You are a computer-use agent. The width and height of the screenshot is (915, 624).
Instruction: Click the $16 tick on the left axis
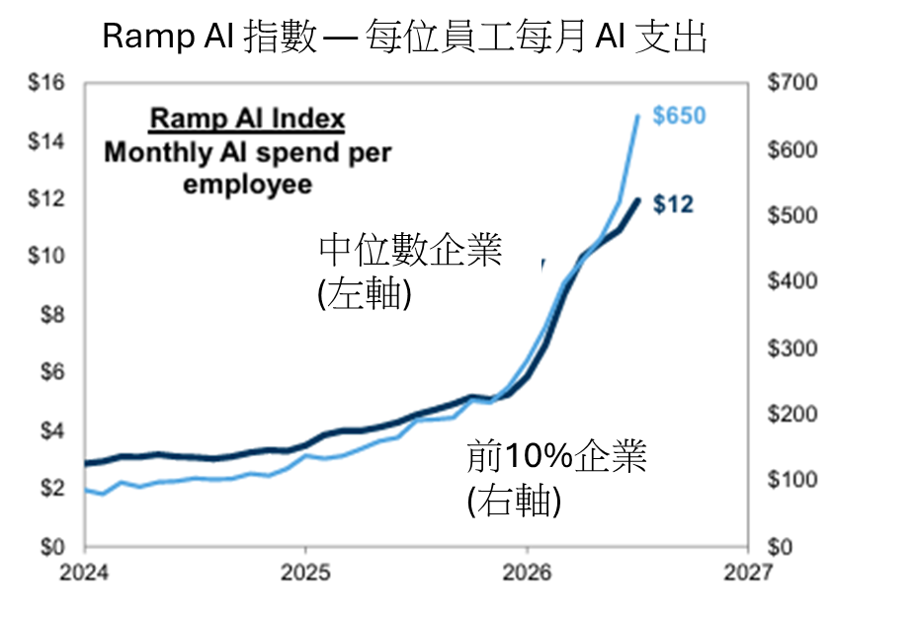click(46, 82)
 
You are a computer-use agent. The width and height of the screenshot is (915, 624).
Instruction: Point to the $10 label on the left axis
click(46, 256)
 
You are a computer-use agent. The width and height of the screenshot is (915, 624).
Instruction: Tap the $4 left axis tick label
click(52, 430)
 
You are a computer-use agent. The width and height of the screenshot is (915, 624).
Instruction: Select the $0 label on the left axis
click(52, 547)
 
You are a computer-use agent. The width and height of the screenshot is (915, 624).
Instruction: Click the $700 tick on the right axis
click(792, 82)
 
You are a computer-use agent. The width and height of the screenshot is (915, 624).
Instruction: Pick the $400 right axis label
click(792, 281)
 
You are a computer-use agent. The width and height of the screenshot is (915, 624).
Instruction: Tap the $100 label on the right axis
click(792, 480)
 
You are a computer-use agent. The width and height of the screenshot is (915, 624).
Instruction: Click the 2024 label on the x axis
click(84, 573)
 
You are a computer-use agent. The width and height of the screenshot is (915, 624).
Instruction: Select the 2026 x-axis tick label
click(527, 573)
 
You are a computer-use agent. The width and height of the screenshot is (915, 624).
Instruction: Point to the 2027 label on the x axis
click(748, 573)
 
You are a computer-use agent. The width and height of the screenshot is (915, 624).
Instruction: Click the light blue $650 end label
click(679, 116)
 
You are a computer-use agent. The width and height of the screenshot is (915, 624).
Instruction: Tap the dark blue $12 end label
click(674, 204)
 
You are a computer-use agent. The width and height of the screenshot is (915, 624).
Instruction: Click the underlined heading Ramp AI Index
click(248, 118)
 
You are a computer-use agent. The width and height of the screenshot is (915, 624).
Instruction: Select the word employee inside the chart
click(247, 185)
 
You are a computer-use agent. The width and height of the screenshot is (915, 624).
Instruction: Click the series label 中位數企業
click(410, 250)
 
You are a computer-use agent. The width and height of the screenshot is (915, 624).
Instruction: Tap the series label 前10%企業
click(556, 456)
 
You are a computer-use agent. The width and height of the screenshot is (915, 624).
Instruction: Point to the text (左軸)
click(365, 294)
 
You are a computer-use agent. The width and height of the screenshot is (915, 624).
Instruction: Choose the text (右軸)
click(514, 501)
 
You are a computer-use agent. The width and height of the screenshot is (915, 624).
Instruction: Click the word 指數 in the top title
click(280, 37)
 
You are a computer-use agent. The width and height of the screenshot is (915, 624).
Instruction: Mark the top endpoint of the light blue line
click(637, 117)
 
